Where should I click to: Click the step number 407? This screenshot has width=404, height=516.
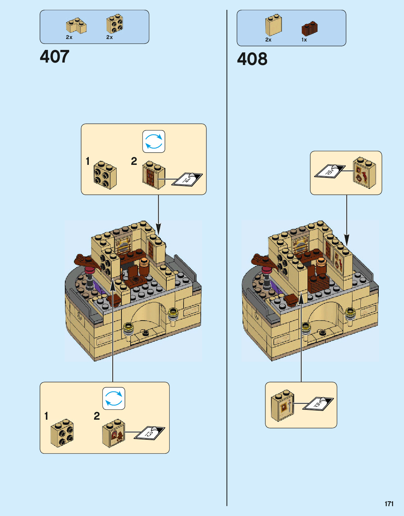coord(54,57)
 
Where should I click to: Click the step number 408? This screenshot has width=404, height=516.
coord(252,59)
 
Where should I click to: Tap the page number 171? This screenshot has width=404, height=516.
coord(389,504)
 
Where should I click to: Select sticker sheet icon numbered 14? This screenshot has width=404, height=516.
coord(187,179)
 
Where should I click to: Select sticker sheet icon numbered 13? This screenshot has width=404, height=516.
coord(150,433)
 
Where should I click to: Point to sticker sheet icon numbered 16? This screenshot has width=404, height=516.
coord(330,171)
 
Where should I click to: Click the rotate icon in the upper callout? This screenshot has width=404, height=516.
coord(154,142)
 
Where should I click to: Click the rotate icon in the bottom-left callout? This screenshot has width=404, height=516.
coord(114,399)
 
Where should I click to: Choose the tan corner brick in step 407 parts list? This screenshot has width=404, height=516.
coord(76,26)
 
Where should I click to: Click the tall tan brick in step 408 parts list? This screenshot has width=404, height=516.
coord(273,25)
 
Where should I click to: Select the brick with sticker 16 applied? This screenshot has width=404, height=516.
coord(364,173)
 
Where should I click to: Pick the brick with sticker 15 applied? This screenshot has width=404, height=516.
coord(283,405)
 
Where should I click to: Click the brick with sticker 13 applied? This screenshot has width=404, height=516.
coord(114,433)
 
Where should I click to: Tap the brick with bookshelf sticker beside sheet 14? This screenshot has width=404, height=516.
coord(153,175)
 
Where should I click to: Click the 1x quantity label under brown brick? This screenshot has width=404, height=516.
coord(304,40)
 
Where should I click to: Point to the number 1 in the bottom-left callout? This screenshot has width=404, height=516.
coord(46,416)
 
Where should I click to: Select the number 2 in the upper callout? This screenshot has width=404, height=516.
coord(134,161)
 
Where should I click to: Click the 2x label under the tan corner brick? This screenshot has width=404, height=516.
coord(69,37)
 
